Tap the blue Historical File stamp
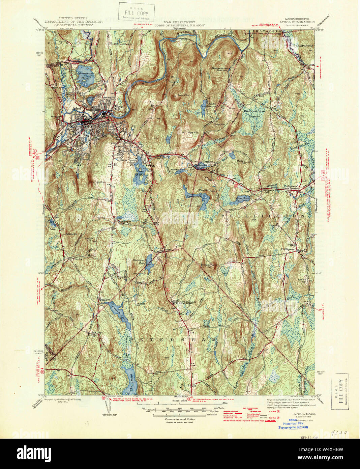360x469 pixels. click(x=293, y=423)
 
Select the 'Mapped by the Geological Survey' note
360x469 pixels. click(x=62, y=399)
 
